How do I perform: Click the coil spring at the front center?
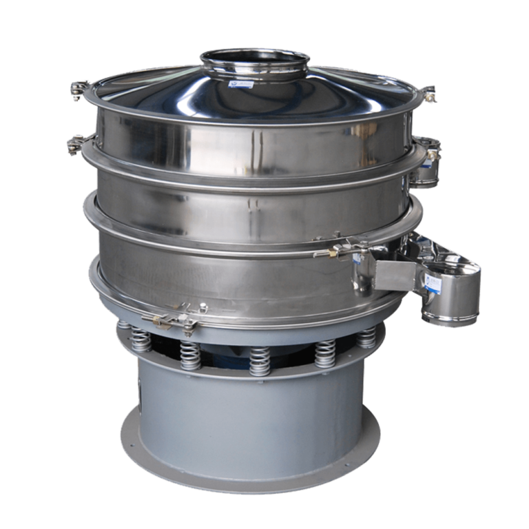click(x=259, y=360)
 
